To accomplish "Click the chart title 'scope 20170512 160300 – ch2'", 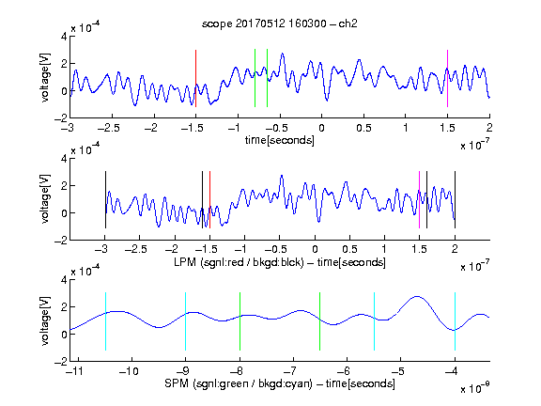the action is (280, 23).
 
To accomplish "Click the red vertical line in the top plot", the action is (195, 78).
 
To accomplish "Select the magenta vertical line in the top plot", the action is (447, 78).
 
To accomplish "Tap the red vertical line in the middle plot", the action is (209, 199).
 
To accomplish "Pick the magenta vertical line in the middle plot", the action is (419, 199).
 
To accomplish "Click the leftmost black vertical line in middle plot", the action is (105, 199).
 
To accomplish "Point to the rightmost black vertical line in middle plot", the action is (455, 199).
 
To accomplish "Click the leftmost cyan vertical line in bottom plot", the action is (105, 321).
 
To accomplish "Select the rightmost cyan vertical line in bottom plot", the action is (455, 321).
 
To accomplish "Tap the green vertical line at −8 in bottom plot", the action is (240, 321).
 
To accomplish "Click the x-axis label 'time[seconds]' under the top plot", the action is (280, 140).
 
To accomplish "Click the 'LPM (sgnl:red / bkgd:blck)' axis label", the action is (239, 262).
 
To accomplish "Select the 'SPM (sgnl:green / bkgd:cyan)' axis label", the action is (239, 383).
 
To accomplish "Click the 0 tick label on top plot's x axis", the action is (321, 128).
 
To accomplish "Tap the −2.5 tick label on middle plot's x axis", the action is (136, 249).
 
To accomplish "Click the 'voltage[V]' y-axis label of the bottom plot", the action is (45, 320).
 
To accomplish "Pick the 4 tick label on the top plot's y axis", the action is (64, 37).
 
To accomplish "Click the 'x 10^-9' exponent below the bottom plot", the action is (474, 387).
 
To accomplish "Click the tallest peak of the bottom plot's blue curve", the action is (417, 296).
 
